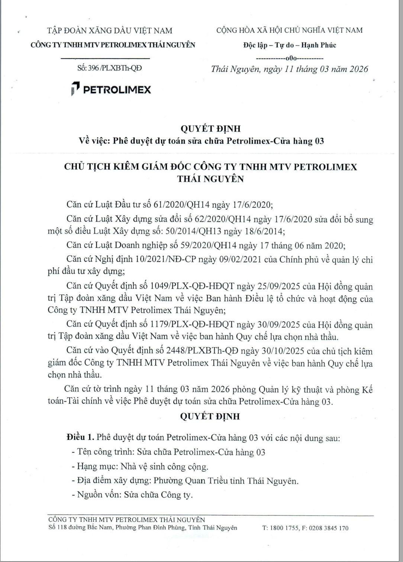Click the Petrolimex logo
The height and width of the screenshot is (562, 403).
(111, 89)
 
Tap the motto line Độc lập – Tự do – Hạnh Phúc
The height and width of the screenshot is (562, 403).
(290, 45)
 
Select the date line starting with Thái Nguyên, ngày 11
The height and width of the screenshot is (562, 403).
(289, 69)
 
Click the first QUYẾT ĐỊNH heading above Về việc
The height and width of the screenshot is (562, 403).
(210, 129)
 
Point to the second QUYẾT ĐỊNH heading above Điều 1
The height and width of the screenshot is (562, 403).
(210, 416)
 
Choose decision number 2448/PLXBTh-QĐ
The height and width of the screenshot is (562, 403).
(200, 351)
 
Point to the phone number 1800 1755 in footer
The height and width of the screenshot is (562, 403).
(284, 528)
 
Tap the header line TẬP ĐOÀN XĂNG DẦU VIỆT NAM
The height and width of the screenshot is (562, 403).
(110, 31)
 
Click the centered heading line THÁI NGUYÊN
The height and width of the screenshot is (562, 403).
(210, 179)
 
